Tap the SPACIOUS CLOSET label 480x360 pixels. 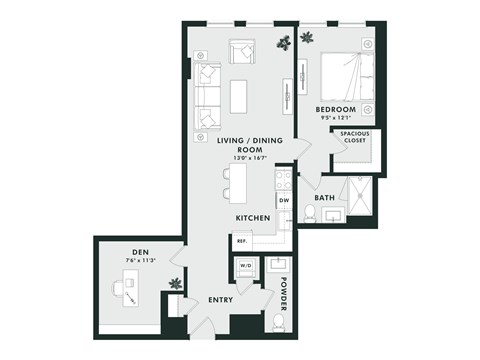coord(353,137)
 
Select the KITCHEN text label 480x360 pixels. coord(252,217)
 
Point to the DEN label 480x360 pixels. coord(140,251)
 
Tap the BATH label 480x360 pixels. coord(324,198)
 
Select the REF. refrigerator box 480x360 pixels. coord(241,241)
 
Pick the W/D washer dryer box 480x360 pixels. coord(243,266)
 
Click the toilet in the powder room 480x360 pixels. coord(277,323)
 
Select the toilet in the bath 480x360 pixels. coord(310,213)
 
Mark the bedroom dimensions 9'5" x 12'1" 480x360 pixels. coord(336,118)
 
